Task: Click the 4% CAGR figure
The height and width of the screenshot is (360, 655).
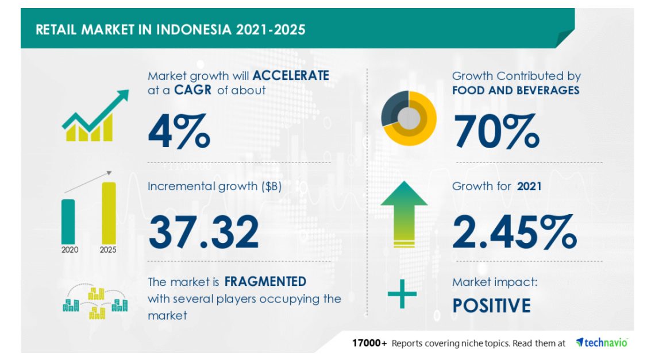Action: (179, 131)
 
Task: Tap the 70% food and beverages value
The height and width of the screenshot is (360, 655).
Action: (496, 131)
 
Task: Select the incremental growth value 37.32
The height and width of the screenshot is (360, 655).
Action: (204, 232)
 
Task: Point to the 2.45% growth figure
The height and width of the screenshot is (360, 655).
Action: (515, 232)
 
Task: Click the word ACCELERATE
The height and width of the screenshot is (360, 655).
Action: (291, 76)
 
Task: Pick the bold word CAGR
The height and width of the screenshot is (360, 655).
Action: (192, 90)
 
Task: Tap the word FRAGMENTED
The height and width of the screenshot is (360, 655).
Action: (265, 282)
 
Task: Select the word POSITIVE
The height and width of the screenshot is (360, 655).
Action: (492, 305)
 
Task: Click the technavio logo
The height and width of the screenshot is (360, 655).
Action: (602, 343)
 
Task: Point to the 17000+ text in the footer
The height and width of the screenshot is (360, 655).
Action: (369, 343)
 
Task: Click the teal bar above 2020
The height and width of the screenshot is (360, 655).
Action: (68, 222)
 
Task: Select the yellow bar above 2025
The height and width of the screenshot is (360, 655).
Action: (109, 213)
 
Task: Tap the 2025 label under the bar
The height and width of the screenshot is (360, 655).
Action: (108, 250)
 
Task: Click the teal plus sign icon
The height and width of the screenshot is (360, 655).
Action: (402, 294)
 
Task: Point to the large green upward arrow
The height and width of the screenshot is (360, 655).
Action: (404, 214)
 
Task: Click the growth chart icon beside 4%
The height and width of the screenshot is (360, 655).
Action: (95, 115)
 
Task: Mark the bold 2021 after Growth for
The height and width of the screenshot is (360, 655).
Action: (529, 186)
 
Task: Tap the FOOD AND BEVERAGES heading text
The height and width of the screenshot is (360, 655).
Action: (515, 91)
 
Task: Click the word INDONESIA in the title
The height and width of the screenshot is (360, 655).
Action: (194, 30)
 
